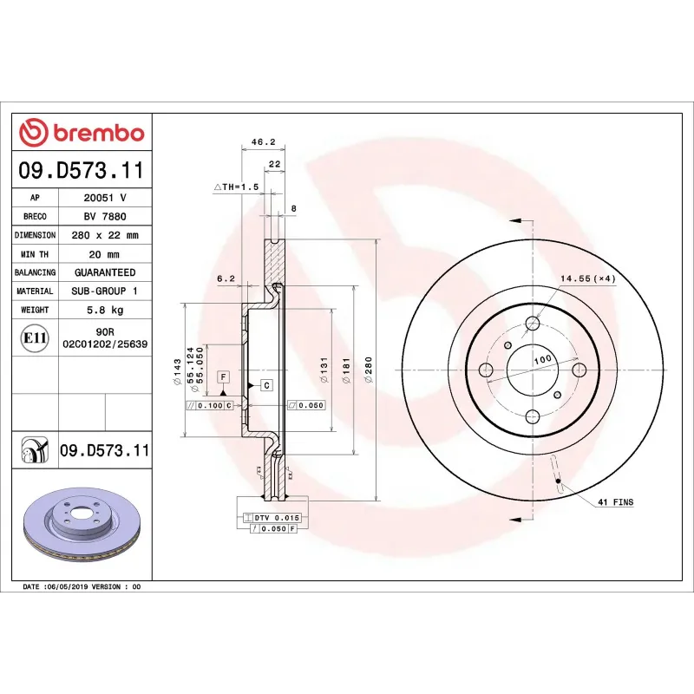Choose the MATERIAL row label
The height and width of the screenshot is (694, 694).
(x=36, y=291)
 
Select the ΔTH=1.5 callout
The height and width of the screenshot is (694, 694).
(x=237, y=187)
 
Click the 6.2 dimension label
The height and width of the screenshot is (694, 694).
(x=226, y=278)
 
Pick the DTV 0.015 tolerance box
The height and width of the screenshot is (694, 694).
(x=272, y=517)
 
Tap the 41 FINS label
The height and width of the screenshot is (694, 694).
(x=616, y=502)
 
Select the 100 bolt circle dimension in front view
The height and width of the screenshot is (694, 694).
(x=542, y=358)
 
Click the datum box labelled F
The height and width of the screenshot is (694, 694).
(x=223, y=376)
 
